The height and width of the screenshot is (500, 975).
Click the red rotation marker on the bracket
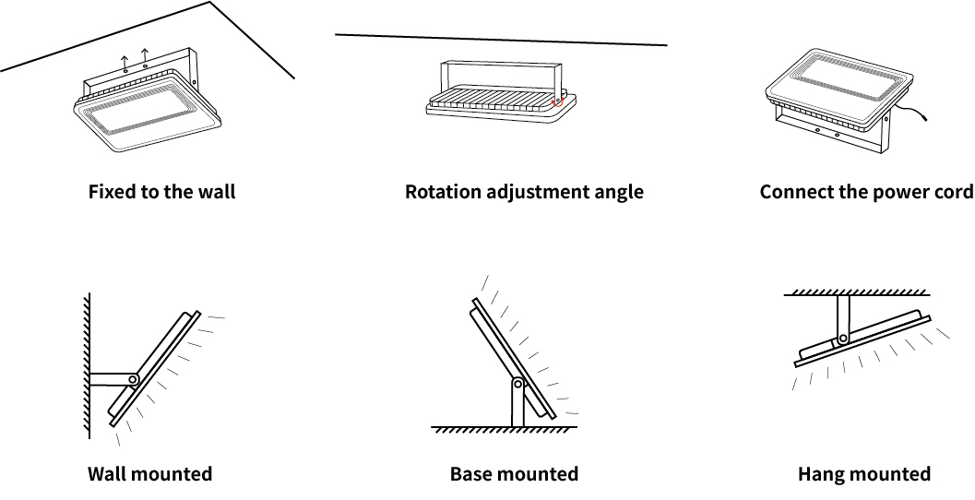coord(558,101)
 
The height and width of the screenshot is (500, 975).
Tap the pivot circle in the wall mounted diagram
coord(133,379)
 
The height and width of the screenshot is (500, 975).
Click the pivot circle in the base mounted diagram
coord(518,385)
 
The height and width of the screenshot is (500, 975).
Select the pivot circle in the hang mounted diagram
coord(842,339)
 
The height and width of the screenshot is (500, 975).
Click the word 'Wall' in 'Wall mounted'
coord(106,474)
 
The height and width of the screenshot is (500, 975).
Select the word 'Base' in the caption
coord(470,474)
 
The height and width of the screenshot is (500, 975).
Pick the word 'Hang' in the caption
coord(819,474)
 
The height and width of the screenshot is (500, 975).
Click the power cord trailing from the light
coord(910,112)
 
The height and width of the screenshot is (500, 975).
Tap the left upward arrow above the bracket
coord(125,63)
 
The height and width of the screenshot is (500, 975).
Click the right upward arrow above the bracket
coord(145,56)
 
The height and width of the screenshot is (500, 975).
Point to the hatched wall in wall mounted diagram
coord(87,365)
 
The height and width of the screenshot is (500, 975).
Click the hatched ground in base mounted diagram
coord(505,430)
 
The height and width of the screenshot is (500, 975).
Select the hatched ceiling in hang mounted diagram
coord(857,292)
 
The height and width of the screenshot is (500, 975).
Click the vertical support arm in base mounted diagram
coord(518,403)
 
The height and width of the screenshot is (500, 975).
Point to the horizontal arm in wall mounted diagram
coord(111,379)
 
